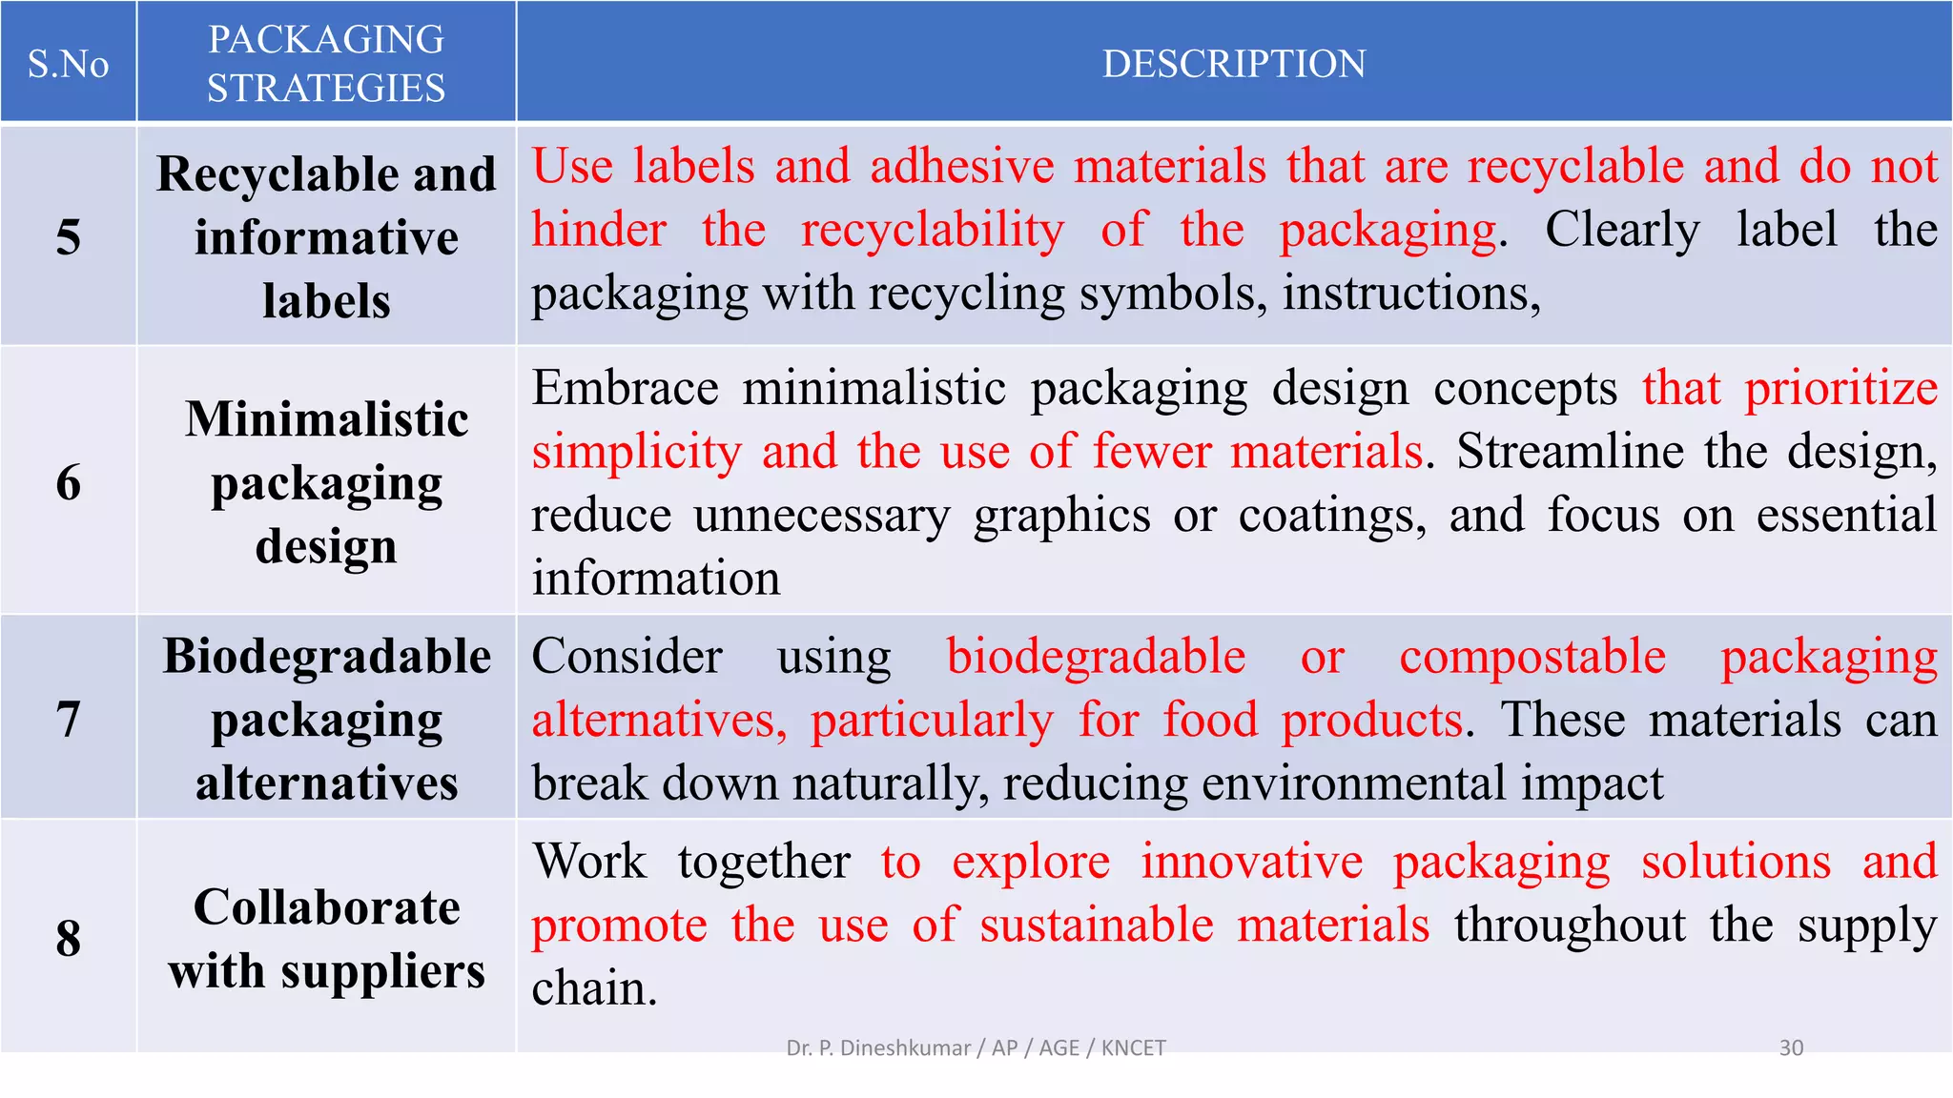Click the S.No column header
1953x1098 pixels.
pyautogui.click(x=68, y=64)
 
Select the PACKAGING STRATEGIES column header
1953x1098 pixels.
pyautogui.click(x=326, y=64)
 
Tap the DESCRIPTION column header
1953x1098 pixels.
pyautogui.click(x=1234, y=64)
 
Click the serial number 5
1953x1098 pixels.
pyautogui.click(x=68, y=236)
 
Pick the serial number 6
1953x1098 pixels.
pyautogui.click(x=68, y=482)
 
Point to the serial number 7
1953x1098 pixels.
pyautogui.click(x=68, y=719)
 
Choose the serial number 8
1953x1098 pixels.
pyautogui.click(x=68, y=938)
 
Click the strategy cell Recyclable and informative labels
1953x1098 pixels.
pyautogui.click(x=326, y=236)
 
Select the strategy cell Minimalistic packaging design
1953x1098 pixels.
pyautogui.click(x=326, y=482)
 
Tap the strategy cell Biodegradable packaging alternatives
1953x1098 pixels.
pyautogui.click(x=326, y=719)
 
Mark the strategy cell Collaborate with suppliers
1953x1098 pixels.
pyautogui.click(x=326, y=938)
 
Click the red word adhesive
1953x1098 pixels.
pyautogui.click(x=962, y=166)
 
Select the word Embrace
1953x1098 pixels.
pyautogui.click(x=625, y=389)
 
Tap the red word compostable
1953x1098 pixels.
pyautogui.click(x=1532, y=657)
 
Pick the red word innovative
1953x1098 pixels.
pyautogui.click(x=1251, y=862)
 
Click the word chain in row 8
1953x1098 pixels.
pyautogui.click(x=593, y=988)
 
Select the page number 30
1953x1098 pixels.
pyautogui.click(x=1791, y=1048)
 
